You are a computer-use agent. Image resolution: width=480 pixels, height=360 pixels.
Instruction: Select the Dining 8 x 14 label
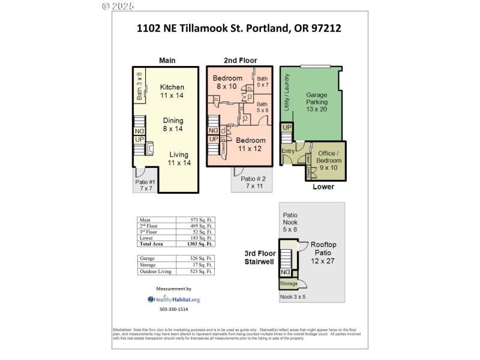[172, 124]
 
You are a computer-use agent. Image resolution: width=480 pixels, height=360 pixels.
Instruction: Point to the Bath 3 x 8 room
[139, 86]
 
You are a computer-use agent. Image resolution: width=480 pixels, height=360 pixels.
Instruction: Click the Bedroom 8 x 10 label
[227, 82]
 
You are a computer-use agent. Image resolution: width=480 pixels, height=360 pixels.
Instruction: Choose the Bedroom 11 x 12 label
[251, 145]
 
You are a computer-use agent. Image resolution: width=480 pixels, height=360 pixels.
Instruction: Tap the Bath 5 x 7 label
[263, 82]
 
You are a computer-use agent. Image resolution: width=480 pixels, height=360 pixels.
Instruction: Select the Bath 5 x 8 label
[263, 107]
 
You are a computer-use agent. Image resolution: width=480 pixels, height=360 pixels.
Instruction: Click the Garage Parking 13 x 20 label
[317, 102]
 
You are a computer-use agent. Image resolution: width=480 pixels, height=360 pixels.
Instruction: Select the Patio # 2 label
[253, 182]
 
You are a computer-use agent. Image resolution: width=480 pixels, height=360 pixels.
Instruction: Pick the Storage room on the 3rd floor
[288, 284]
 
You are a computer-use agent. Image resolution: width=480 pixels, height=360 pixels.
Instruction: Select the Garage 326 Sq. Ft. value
[199, 258]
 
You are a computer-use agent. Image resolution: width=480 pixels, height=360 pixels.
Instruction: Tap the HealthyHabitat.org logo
[174, 299]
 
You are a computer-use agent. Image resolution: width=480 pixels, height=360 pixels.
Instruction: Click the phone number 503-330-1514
[173, 310]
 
